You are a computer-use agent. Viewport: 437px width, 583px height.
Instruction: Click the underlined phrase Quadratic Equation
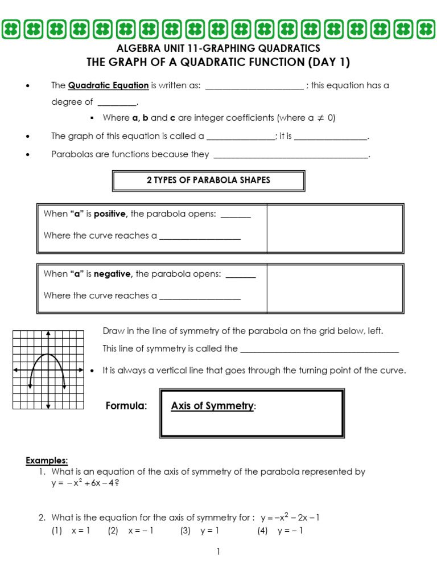[108, 85]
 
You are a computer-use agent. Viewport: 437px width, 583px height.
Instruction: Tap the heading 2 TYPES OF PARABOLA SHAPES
[208, 180]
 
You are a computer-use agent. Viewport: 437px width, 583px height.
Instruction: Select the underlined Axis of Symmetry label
[212, 406]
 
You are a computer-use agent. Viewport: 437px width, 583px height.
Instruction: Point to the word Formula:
[126, 406]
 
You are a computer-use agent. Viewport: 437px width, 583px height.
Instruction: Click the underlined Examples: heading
[47, 460]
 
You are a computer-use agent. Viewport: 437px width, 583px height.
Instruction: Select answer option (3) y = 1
[199, 531]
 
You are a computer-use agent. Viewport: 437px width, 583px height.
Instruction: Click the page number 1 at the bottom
[217, 552]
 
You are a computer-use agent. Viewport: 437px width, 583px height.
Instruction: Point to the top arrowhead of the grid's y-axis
[48, 332]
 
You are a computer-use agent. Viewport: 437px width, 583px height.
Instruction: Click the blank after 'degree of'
[117, 102]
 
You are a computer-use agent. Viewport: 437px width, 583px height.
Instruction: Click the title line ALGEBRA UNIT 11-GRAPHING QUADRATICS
[218, 49]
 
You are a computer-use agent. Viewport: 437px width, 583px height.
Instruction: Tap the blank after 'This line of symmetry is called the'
[319, 349]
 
